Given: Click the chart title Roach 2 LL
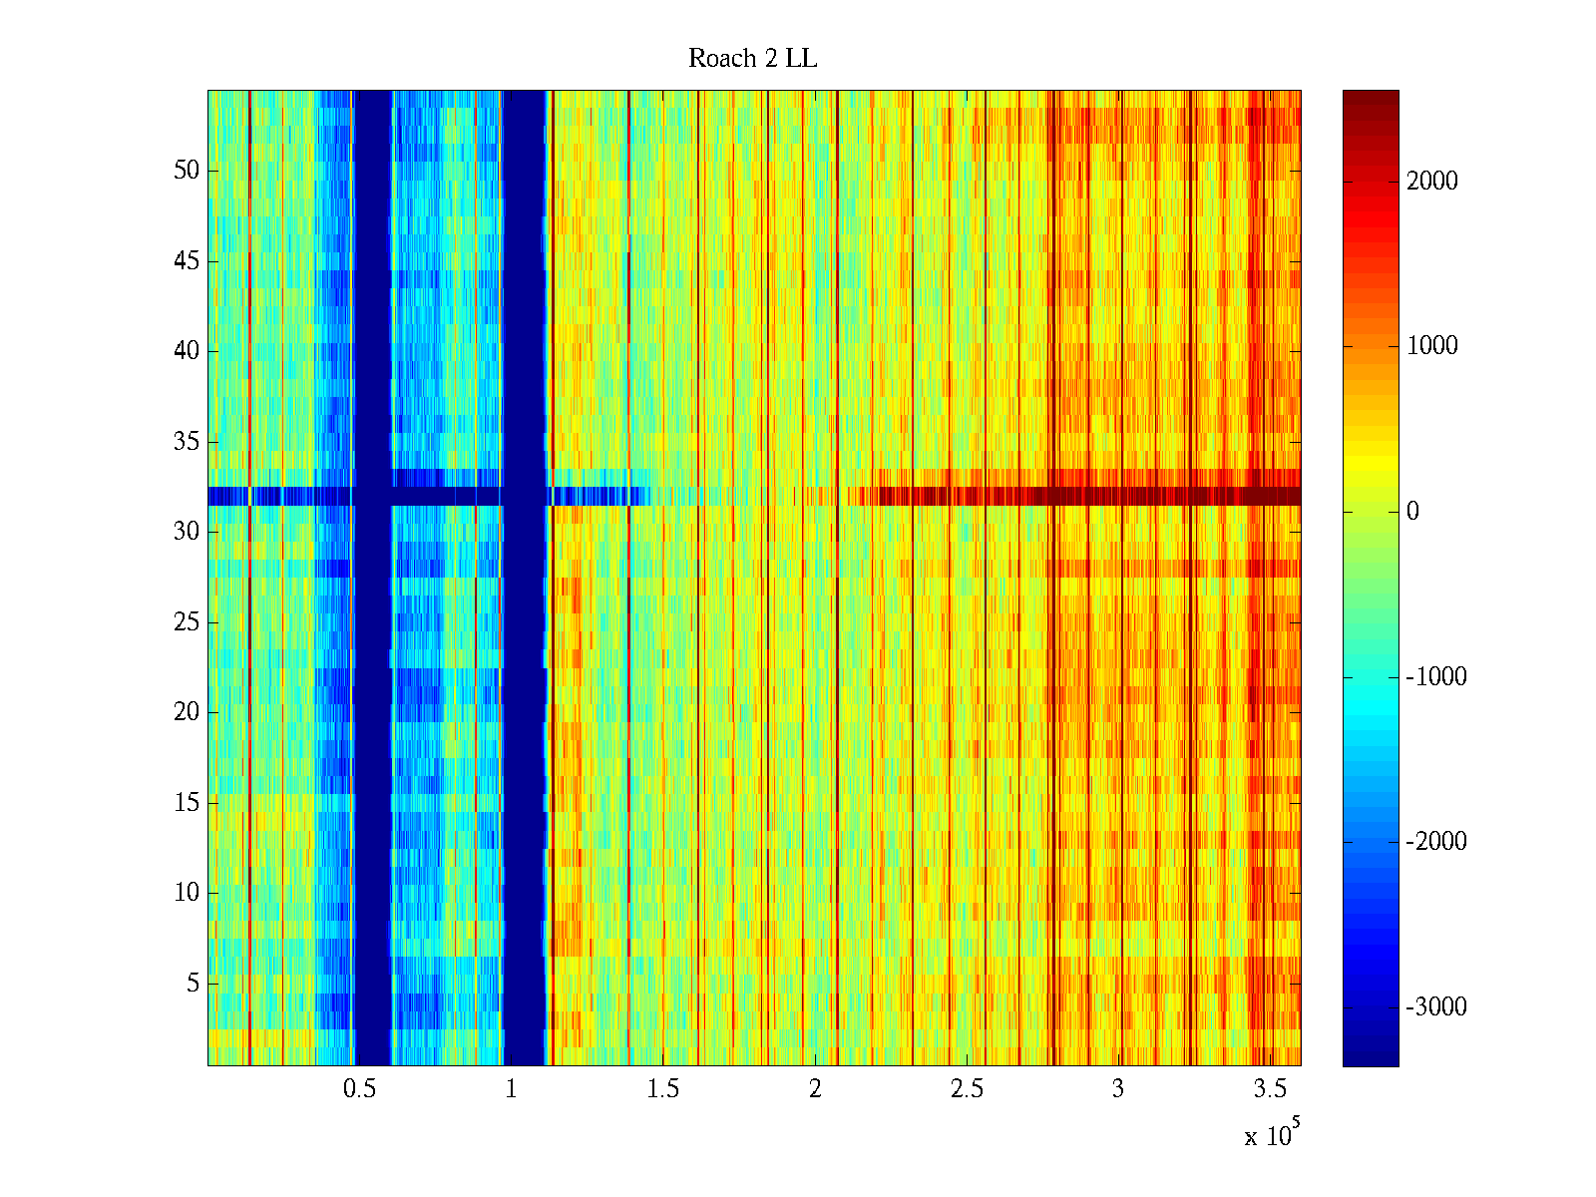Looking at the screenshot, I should (x=752, y=59).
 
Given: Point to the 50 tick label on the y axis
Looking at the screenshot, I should (x=187, y=170).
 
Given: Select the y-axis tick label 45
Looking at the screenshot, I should (x=187, y=261).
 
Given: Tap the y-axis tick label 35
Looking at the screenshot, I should (x=187, y=441).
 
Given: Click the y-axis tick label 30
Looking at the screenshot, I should (x=187, y=532).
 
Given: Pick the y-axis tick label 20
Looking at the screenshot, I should (x=187, y=712).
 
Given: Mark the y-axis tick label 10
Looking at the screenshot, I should (x=187, y=893).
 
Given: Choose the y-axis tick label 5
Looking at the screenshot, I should (x=193, y=984).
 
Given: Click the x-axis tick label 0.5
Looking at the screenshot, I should (x=359, y=1089).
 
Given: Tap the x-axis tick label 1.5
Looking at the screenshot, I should (x=663, y=1089).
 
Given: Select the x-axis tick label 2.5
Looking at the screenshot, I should (x=967, y=1089).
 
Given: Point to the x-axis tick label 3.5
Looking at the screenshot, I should (x=1270, y=1089).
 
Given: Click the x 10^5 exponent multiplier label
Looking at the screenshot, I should (x=1271, y=1134).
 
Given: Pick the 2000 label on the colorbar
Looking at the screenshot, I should (x=1432, y=181).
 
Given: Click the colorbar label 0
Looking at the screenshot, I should (x=1412, y=512).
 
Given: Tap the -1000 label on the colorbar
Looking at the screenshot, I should (x=1436, y=677).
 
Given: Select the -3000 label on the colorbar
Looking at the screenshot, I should (x=1436, y=1007).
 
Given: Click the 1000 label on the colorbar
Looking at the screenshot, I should (x=1432, y=346).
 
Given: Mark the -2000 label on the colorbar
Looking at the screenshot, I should (x=1436, y=842).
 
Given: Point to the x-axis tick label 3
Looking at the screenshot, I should (x=1118, y=1089).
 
